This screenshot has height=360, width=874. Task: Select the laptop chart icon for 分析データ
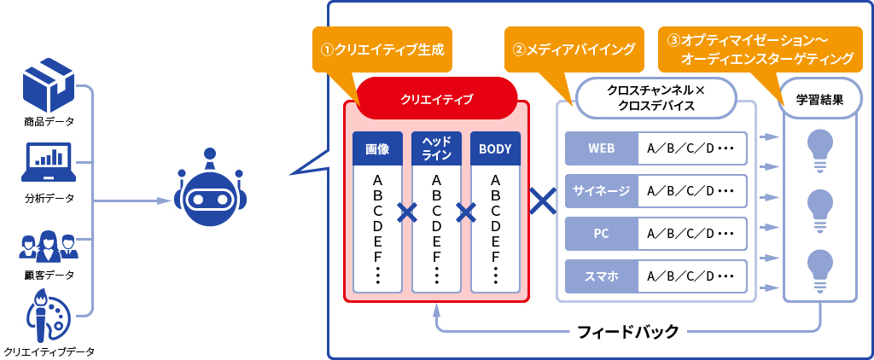pos(49,162)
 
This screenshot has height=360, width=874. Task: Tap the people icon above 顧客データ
pos(49,246)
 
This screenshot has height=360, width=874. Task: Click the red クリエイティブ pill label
pos(436,97)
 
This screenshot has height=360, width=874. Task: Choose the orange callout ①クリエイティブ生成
pos(382,49)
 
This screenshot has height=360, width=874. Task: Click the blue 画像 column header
pos(377,148)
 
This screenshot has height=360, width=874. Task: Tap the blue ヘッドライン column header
pos(436,148)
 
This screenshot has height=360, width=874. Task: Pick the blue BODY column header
pos(495,148)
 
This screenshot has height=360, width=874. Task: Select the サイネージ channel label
pos(601,190)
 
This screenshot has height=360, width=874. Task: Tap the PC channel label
pos(601,233)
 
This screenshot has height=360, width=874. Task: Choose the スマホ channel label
pos(601,276)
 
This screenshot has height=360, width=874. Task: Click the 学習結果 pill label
pos(820,99)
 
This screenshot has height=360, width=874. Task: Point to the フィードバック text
pos(628,331)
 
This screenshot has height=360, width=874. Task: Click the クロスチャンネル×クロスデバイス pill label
pos(655,97)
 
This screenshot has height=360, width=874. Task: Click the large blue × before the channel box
pos(543,200)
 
